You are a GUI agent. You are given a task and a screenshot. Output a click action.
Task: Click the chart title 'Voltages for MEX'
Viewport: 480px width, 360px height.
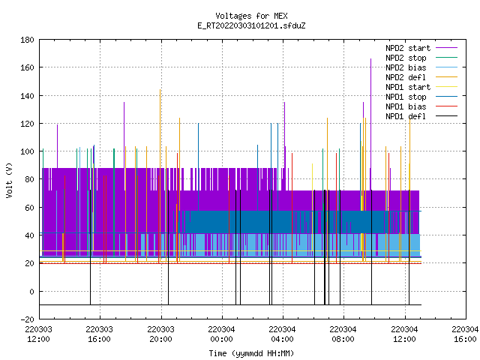click(251, 16)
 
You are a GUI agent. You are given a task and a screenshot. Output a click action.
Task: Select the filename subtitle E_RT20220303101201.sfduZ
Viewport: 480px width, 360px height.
click(251, 25)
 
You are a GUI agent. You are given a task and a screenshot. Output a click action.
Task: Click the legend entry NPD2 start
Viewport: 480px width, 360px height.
click(408, 48)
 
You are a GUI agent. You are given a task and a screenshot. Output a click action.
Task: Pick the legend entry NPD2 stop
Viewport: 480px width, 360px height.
click(406, 58)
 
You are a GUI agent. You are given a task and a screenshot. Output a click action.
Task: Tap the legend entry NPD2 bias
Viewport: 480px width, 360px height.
click(406, 67)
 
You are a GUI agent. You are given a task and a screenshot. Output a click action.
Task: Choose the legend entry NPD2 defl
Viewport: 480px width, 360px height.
click(406, 77)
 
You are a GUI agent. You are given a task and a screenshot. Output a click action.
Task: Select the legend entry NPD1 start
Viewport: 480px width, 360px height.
click(408, 87)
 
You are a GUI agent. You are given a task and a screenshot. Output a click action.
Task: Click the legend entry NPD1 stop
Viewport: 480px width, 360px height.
click(406, 97)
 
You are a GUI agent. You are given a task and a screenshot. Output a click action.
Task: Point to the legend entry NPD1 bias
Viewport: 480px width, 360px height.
click(406, 106)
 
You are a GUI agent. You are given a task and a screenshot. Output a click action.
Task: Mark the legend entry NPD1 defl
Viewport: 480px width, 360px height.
click(406, 117)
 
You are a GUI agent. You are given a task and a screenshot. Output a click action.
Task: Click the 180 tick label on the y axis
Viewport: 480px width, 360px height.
click(27, 40)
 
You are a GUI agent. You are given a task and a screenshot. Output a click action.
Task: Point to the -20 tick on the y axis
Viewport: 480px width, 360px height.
click(27, 319)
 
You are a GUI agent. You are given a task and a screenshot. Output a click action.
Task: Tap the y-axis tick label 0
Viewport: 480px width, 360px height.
click(31, 292)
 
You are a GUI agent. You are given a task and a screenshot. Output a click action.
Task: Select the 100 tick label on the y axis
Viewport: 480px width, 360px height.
click(27, 151)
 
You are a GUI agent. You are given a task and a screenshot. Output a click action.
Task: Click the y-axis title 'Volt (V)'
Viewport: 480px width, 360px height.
click(9, 180)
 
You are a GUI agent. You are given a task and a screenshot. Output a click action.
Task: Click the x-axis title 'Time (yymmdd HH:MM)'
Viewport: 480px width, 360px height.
click(251, 353)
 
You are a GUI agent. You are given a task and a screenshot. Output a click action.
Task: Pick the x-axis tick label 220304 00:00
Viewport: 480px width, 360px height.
click(221, 334)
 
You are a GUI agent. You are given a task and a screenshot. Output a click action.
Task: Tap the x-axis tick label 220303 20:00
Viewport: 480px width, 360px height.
click(160, 334)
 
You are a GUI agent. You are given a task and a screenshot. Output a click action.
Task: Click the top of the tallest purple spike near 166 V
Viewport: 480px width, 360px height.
click(370, 58)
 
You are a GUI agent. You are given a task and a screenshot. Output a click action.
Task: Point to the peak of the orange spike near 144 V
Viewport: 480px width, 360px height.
click(160, 90)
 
